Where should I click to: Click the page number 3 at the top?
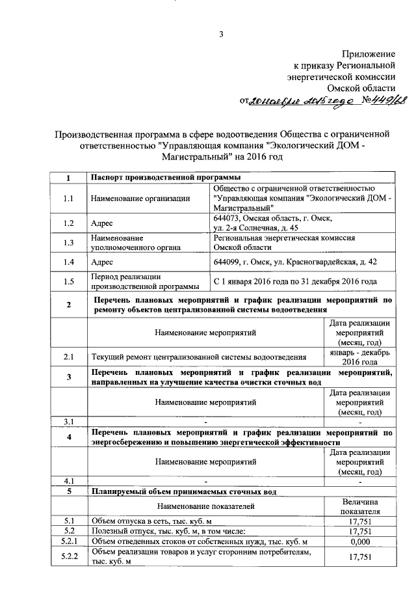[221, 34]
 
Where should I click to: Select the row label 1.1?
[68, 199]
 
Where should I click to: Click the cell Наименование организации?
[140, 199]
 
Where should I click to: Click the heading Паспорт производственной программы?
[166, 178]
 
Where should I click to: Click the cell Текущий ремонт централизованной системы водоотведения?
[198, 357]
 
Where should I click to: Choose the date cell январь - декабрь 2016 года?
[359, 357]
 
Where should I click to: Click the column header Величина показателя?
[359, 506]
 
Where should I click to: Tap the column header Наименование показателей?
[205, 506]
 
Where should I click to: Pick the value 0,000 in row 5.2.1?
[359, 541]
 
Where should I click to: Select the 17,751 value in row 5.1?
[359, 521]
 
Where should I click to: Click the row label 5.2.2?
[68, 557]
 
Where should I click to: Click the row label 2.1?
[68, 357]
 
